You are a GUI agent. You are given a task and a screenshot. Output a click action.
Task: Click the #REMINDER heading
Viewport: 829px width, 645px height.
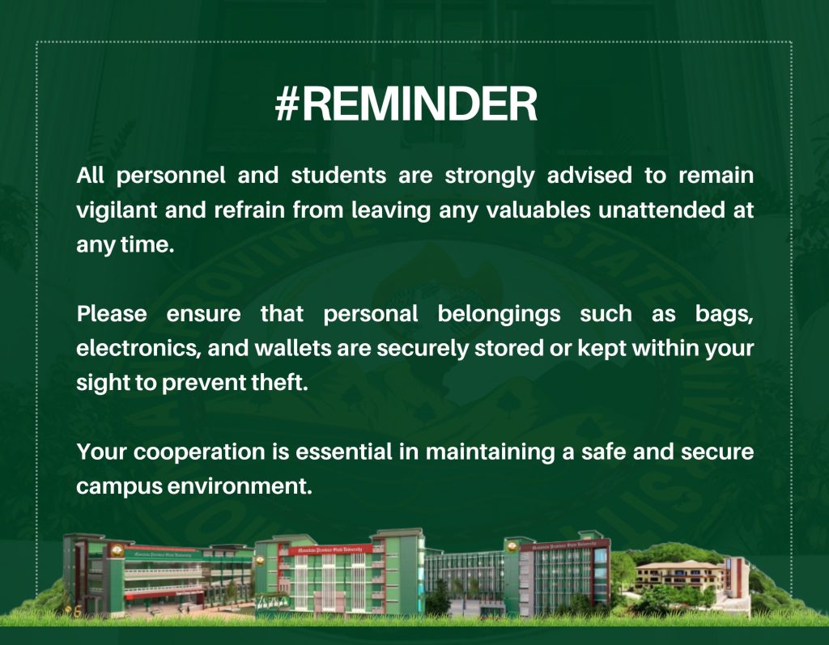click(x=406, y=104)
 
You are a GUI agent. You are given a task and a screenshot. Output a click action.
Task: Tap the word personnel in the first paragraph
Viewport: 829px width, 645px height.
click(x=171, y=176)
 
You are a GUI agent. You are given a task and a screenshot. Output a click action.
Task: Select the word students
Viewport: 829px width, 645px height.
click(x=338, y=175)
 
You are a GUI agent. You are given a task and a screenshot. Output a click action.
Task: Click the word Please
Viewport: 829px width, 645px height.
click(x=112, y=313)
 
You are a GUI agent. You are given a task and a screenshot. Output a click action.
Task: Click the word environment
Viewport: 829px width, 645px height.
click(x=240, y=486)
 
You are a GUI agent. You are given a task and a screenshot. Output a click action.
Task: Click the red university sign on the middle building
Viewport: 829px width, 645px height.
click(x=330, y=550)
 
